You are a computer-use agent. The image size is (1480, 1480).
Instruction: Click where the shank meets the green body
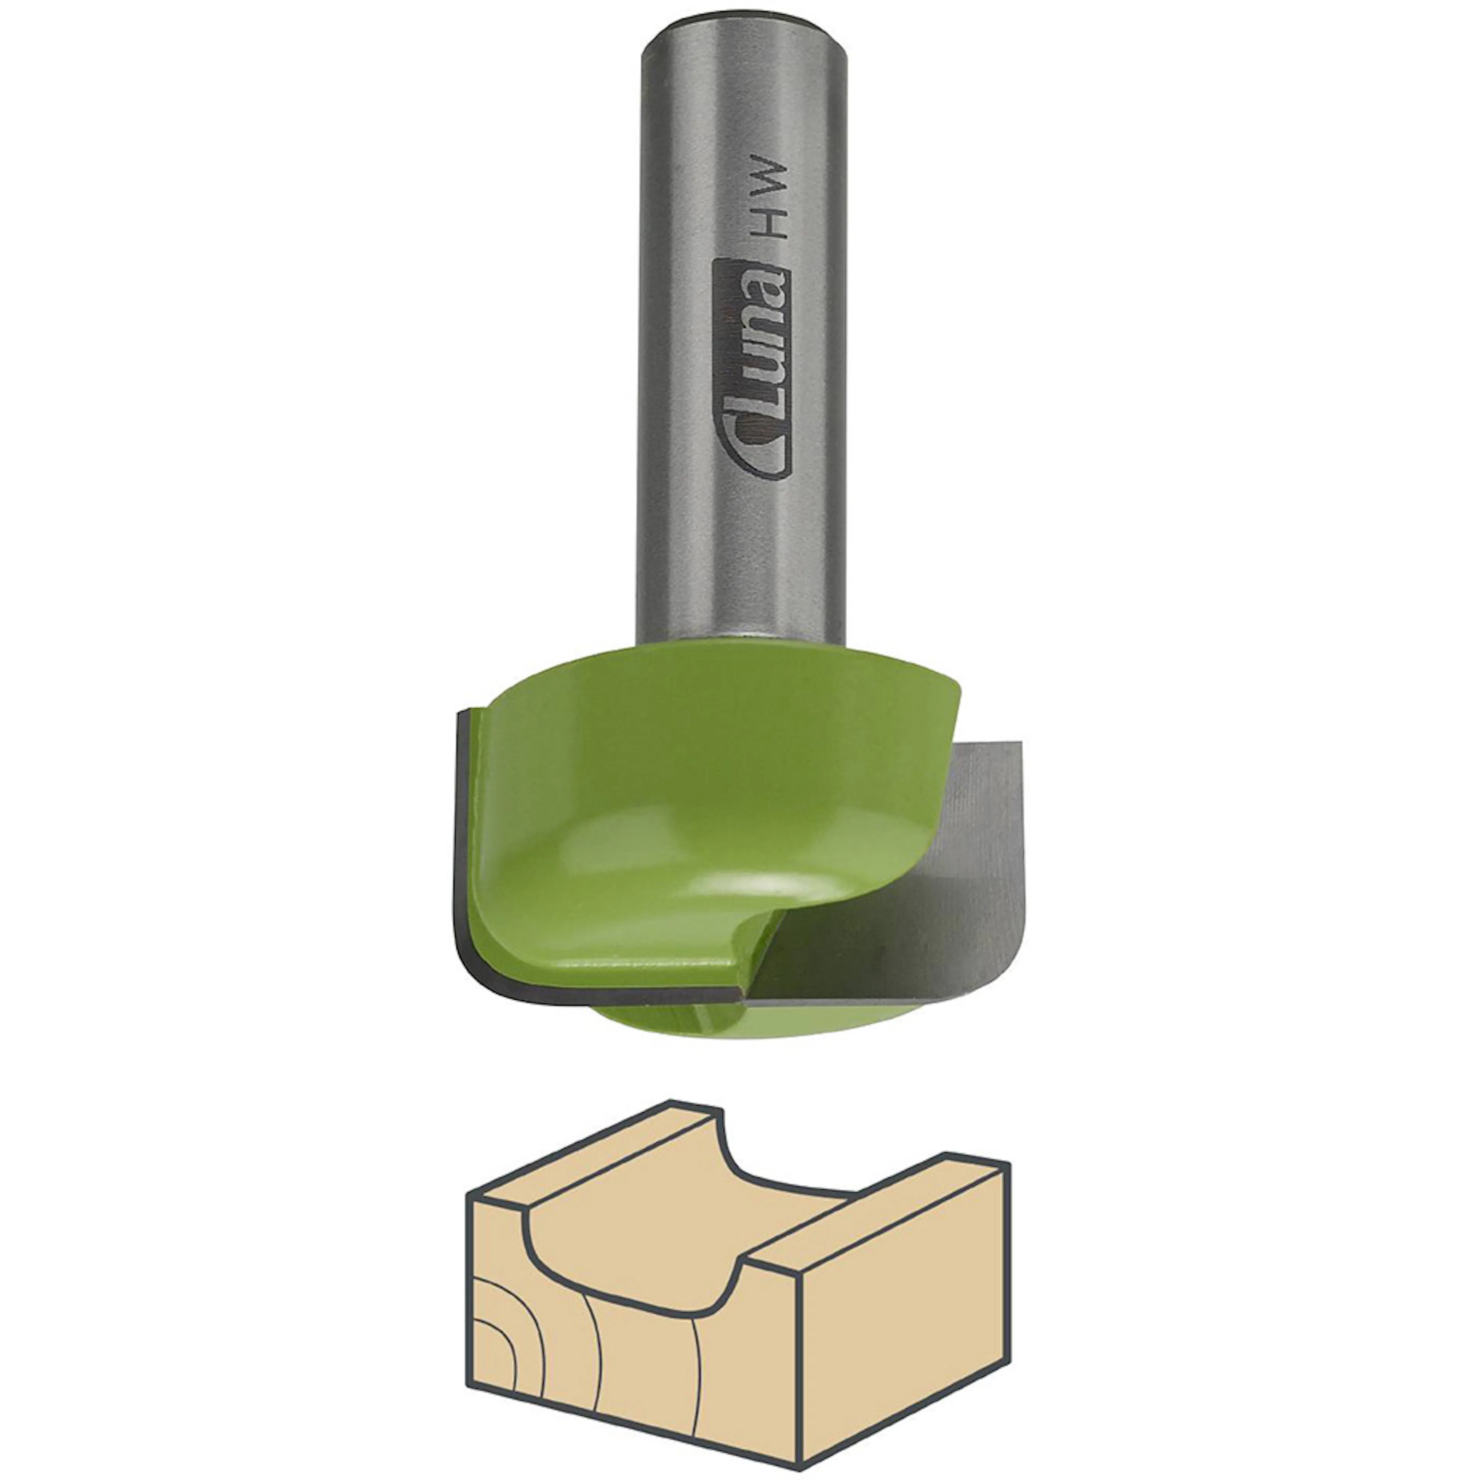[742, 640]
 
